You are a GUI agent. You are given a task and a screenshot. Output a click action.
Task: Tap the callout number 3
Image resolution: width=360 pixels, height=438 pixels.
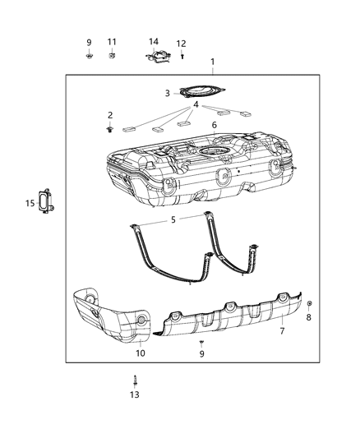167,94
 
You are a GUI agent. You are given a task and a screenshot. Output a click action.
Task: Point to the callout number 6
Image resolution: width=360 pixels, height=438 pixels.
214,125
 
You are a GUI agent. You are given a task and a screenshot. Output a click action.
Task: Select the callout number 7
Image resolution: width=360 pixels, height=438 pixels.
282,331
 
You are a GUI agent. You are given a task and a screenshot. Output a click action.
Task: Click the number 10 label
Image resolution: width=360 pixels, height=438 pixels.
140,353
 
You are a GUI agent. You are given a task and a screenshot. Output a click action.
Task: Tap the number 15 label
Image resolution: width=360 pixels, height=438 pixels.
29,203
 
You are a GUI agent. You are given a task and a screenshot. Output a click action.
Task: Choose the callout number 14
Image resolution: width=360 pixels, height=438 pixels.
154,42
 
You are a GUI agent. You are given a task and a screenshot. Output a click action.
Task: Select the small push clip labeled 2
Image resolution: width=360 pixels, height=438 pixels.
109,130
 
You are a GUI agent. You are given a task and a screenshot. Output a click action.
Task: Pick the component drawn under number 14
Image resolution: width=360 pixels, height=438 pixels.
157,57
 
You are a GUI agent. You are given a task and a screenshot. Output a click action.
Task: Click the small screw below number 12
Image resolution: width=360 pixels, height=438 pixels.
182,56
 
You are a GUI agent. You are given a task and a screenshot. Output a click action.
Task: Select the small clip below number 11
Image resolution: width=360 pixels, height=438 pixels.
112,56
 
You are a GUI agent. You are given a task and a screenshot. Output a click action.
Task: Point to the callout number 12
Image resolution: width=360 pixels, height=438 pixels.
182,44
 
